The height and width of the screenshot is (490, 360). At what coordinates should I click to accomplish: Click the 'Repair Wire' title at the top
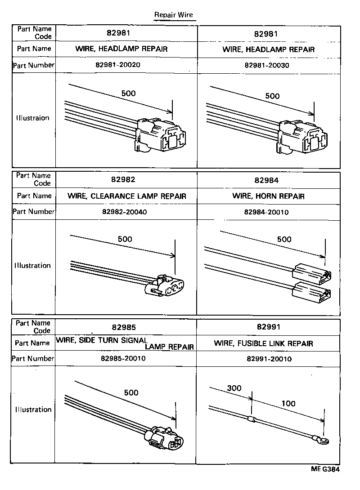173,15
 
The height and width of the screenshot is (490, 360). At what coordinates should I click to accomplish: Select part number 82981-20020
118,65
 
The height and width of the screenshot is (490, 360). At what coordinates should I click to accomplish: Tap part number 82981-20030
267,65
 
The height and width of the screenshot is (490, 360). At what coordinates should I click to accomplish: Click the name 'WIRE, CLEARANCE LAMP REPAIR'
126,196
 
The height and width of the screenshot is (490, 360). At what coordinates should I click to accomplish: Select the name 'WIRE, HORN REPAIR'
268,196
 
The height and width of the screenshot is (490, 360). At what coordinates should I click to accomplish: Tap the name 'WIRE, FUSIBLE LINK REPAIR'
263,343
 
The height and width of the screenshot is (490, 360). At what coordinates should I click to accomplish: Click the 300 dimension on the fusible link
234,388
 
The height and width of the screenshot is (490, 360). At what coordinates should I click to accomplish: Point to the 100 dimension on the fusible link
288,403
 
